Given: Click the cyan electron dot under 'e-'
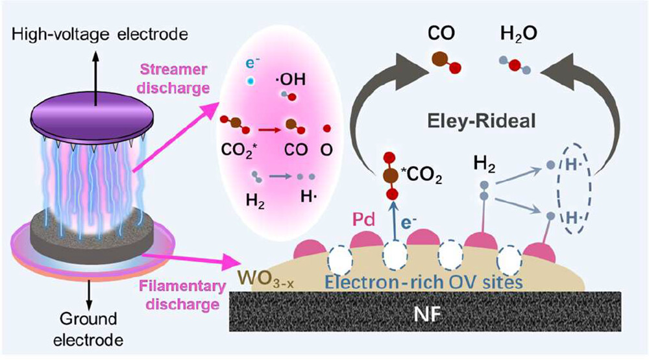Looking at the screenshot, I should (x=249, y=81).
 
